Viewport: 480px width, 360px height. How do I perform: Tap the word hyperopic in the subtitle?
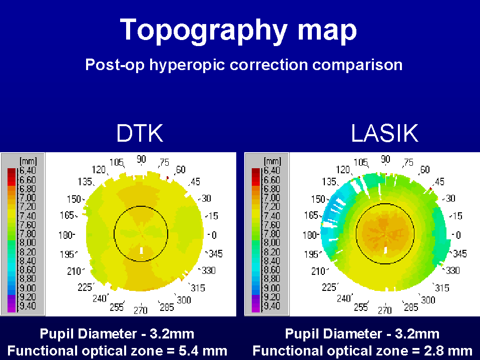click(x=187, y=65)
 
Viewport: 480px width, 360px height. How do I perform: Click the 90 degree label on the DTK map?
click(x=141, y=159)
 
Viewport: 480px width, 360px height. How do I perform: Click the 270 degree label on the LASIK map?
click(x=385, y=310)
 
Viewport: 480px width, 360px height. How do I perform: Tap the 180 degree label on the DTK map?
click(x=66, y=235)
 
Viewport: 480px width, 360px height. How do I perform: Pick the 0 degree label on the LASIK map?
click(x=458, y=235)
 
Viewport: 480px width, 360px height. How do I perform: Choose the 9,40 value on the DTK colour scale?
click(x=28, y=306)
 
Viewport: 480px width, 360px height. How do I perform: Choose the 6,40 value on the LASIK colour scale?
click(x=272, y=171)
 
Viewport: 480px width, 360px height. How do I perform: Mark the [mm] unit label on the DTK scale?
click(x=28, y=161)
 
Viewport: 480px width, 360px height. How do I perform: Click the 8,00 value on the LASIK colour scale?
click(x=272, y=243)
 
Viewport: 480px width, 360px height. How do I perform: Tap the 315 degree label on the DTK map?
click(x=198, y=288)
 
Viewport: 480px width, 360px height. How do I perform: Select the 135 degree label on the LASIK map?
click(x=329, y=182)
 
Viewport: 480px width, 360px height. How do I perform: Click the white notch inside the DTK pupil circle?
click(x=142, y=250)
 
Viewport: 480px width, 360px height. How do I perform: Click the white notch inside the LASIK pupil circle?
click(x=385, y=250)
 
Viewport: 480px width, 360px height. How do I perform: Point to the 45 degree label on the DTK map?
click(x=195, y=182)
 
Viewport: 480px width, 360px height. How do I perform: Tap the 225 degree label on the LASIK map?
click(x=329, y=287)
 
